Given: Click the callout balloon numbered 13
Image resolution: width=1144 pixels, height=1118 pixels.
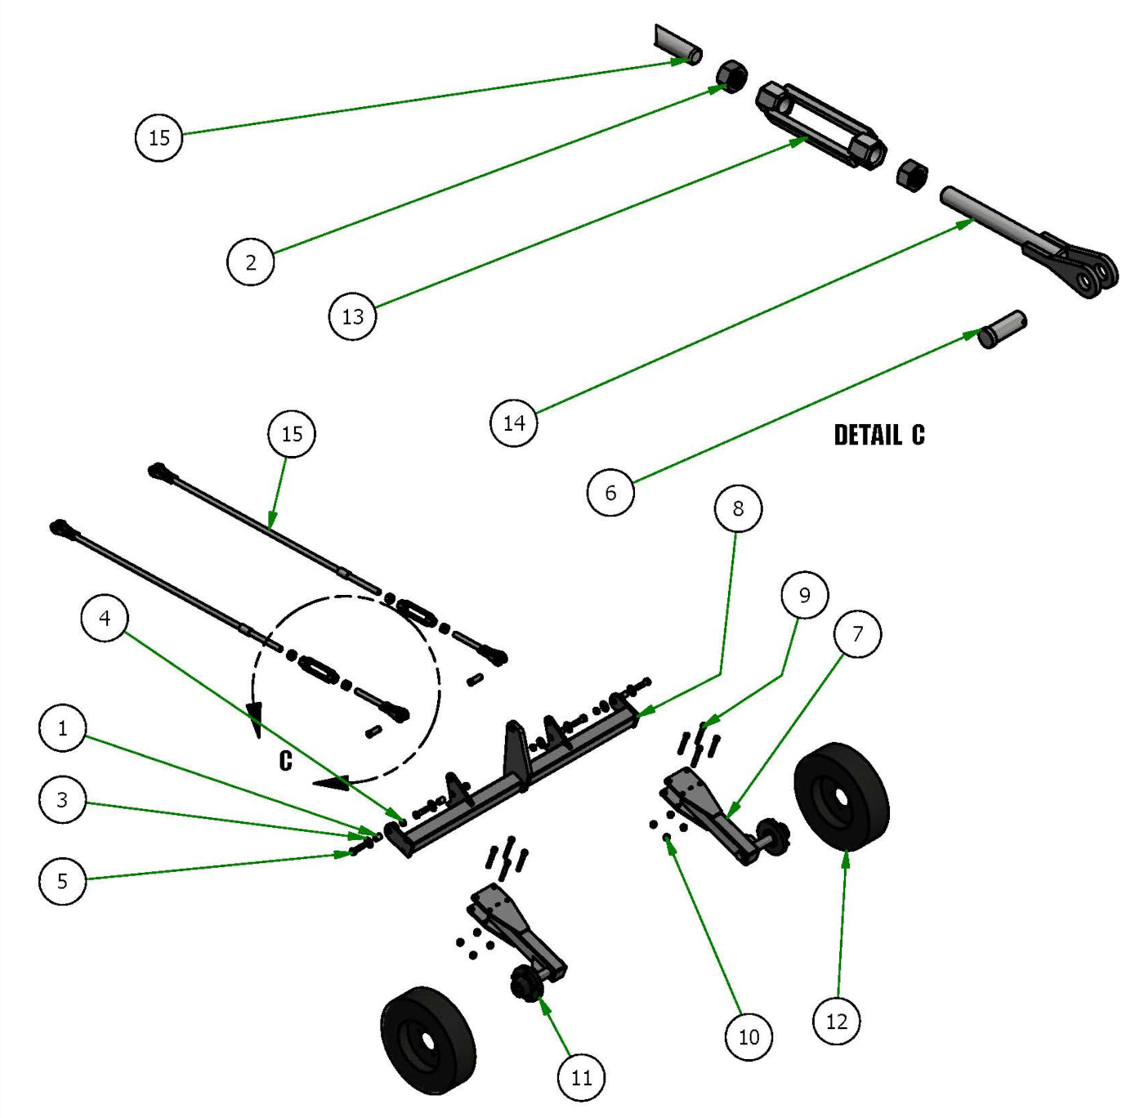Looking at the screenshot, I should point(352,316).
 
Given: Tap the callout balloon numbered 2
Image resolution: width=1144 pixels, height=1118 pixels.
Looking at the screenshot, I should point(250,262).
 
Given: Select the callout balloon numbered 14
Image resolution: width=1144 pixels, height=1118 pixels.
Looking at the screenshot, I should point(513,423).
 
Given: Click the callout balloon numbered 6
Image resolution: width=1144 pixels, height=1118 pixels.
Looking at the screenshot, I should point(610,492).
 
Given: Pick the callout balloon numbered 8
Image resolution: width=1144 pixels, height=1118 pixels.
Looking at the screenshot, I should point(738,508).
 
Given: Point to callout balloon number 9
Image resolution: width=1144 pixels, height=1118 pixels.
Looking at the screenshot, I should point(804,595).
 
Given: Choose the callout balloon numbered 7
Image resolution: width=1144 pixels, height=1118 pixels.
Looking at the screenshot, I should point(857,633).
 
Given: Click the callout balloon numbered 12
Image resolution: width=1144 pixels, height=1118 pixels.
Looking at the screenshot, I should point(836,1021).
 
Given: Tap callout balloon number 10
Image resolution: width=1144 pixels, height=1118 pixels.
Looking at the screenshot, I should point(749,1036).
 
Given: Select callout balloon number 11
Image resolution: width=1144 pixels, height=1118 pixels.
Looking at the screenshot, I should point(581,1077).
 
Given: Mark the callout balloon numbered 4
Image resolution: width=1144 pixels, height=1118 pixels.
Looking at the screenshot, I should point(105,618).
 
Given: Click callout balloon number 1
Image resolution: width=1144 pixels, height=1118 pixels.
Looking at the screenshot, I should point(62,727).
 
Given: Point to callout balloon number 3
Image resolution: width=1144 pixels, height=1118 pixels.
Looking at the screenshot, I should point(62,799).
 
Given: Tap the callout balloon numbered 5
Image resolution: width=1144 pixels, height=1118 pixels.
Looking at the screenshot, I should point(62,881).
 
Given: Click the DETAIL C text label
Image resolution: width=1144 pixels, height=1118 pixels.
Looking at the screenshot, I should point(878,435).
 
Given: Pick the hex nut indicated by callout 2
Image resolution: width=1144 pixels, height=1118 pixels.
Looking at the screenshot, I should point(732,76).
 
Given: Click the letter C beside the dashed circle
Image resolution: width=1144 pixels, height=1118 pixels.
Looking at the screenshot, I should point(285,761).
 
